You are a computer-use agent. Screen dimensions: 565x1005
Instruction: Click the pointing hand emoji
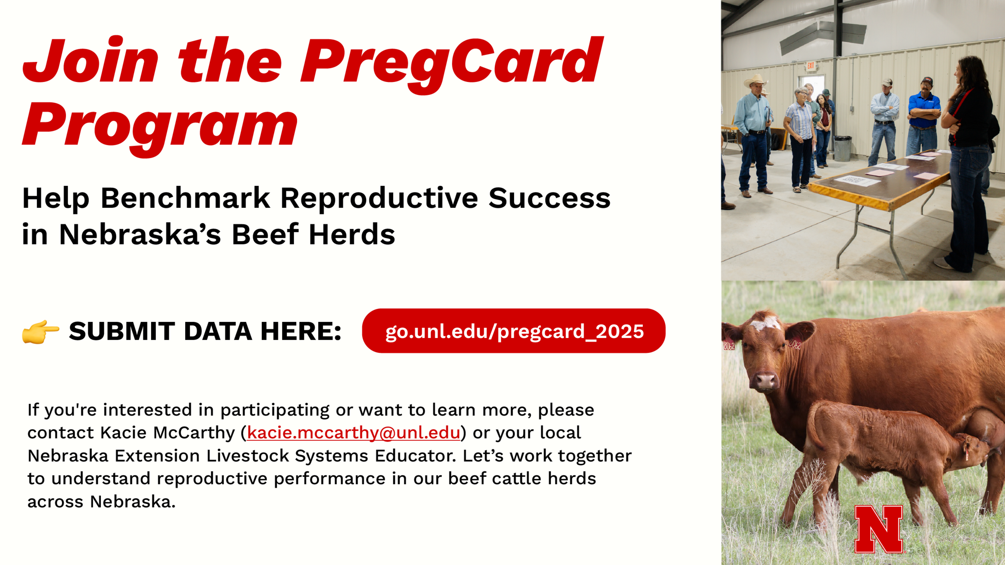(40, 331)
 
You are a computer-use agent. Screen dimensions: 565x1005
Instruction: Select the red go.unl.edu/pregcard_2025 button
(513, 331)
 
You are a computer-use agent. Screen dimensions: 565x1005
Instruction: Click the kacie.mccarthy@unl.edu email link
(353, 432)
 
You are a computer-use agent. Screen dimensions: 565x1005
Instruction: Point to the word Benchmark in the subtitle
(185, 198)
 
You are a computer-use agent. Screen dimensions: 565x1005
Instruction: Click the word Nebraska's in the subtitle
(140, 234)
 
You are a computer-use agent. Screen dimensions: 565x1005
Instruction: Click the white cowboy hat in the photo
(755, 81)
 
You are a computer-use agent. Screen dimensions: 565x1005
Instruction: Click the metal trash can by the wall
(843, 148)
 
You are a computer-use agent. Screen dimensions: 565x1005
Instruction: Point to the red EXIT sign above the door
(811, 66)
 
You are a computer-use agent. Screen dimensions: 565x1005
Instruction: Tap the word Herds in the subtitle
(352, 234)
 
